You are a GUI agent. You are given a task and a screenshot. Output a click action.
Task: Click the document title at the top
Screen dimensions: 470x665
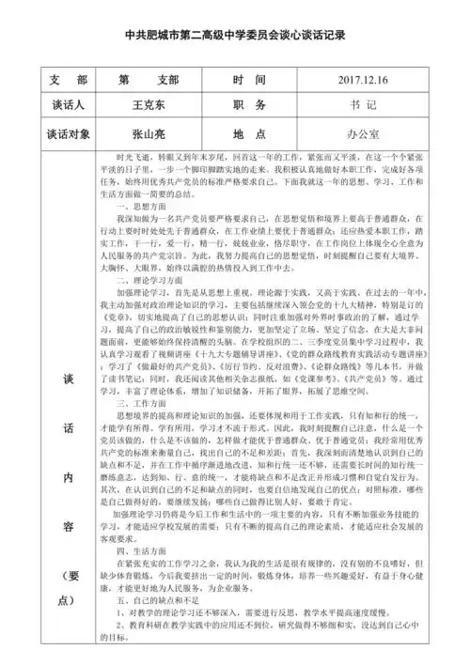[x=235, y=36]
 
